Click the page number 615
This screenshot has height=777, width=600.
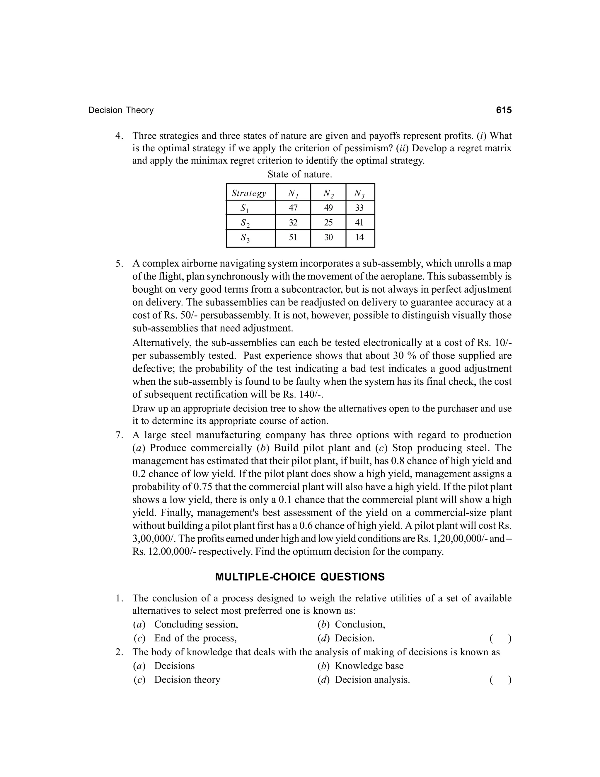tap(504, 110)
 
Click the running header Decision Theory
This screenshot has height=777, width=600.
tap(121, 110)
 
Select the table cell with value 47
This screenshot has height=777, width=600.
tap(293, 207)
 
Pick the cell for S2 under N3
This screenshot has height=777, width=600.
tap(359, 222)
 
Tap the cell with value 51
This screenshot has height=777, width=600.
tap(293, 237)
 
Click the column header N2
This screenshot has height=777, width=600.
tap(328, 193)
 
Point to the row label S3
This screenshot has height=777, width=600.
tap(245, 238)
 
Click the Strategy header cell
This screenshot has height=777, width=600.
tap(249, 193)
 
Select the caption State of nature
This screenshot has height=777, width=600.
tap(300, 175)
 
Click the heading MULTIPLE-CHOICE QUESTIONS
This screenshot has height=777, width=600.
tap(300, 577)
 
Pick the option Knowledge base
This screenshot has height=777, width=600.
tap(369, 666)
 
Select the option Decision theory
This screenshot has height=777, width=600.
tap(187, 680)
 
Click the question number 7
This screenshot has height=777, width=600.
tap(119, 435)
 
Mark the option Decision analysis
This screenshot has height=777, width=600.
tap(372, 680)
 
